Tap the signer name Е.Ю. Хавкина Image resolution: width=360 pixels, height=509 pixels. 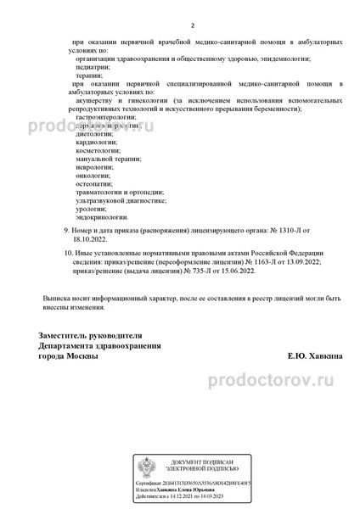315,357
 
